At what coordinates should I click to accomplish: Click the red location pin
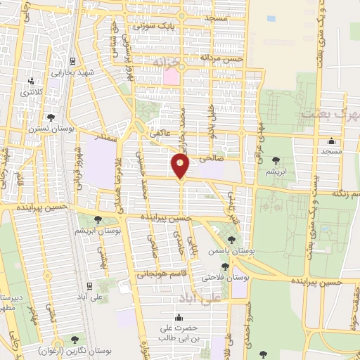point(181,166)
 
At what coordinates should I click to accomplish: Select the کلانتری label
point(31,92)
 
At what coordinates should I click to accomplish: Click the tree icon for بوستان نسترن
point(50,118)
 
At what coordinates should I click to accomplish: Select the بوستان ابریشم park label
point(98,230)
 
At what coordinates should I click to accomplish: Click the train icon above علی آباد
point(90,286)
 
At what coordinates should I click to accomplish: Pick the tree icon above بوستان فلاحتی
point(224,266)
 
